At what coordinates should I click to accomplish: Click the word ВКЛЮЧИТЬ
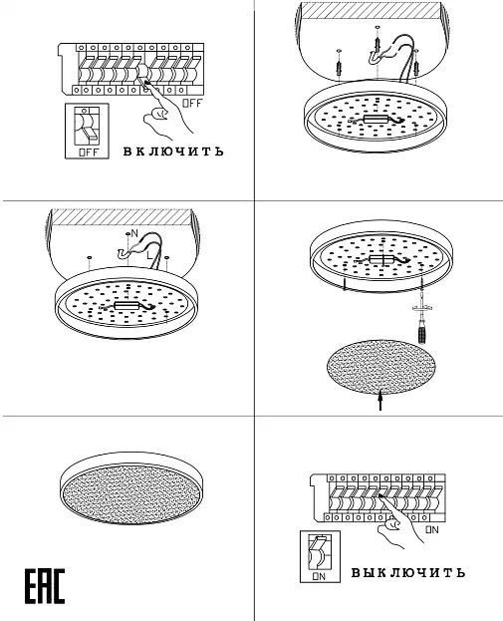[173, 152]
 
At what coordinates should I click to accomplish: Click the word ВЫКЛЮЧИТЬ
[408, 573]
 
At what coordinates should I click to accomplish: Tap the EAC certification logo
[45, 586]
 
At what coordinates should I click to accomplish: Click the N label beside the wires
[134, 233]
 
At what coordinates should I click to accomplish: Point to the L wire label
[149, 255]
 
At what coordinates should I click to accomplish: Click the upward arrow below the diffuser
[380, 400]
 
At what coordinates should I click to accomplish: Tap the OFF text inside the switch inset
[89, 153]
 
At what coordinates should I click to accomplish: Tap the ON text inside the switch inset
[319, 576]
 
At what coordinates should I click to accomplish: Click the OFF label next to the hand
[192, 104]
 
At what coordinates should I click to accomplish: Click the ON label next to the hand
[432, 529]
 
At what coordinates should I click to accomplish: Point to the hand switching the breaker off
[167, 110]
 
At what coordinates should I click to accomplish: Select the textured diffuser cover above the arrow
[381, 367]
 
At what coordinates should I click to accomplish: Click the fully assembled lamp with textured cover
[131, 488]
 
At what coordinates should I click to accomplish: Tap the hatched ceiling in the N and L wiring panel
[123, 217]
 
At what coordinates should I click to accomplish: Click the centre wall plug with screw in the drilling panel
[377, 45]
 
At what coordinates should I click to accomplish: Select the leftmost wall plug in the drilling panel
[339, 68]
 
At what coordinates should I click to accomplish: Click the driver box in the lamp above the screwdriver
[382, 259]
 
